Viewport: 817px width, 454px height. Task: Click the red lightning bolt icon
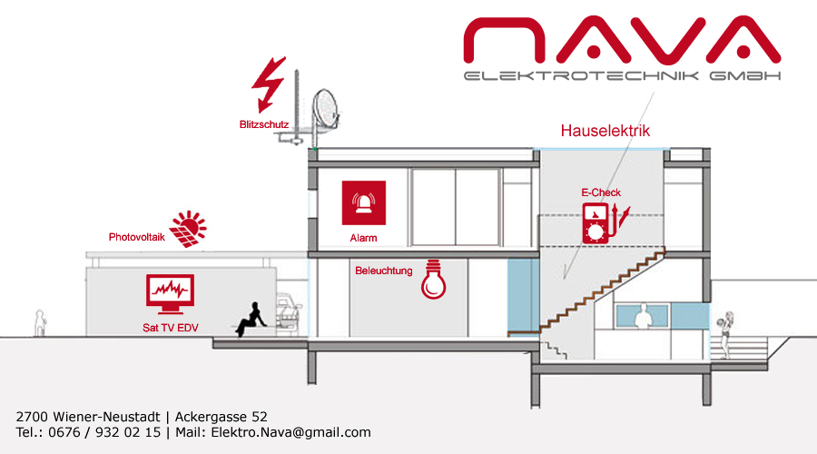tap(269, 84)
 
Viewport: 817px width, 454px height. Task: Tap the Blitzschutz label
tap(263, 124)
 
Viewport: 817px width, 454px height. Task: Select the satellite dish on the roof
tap(326, 110)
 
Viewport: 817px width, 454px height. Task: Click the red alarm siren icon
tap(364, 202)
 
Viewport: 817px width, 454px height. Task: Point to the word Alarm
tap(363, 238)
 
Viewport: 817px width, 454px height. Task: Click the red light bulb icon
tap(434, 280)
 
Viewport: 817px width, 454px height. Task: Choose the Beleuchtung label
tap(383, 271)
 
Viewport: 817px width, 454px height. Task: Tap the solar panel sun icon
tap(188, 229)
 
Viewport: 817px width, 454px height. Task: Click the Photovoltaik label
tap(136, 237)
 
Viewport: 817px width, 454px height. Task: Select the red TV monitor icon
tap(171, 294)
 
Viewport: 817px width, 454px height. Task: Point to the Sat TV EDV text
tap(171, 328)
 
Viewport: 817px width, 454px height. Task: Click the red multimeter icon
tap(605, 223)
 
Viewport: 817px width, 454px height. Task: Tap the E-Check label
tap(601, 192)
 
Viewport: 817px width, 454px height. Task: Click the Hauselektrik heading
tap(605, 131)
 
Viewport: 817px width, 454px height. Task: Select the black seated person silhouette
tap(251, 319)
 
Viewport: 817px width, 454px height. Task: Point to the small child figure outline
tap(40, 323)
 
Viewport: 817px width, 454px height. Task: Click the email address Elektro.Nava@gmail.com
tap(290, 432)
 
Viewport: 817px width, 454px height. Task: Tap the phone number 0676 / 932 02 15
tap(104, 432)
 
